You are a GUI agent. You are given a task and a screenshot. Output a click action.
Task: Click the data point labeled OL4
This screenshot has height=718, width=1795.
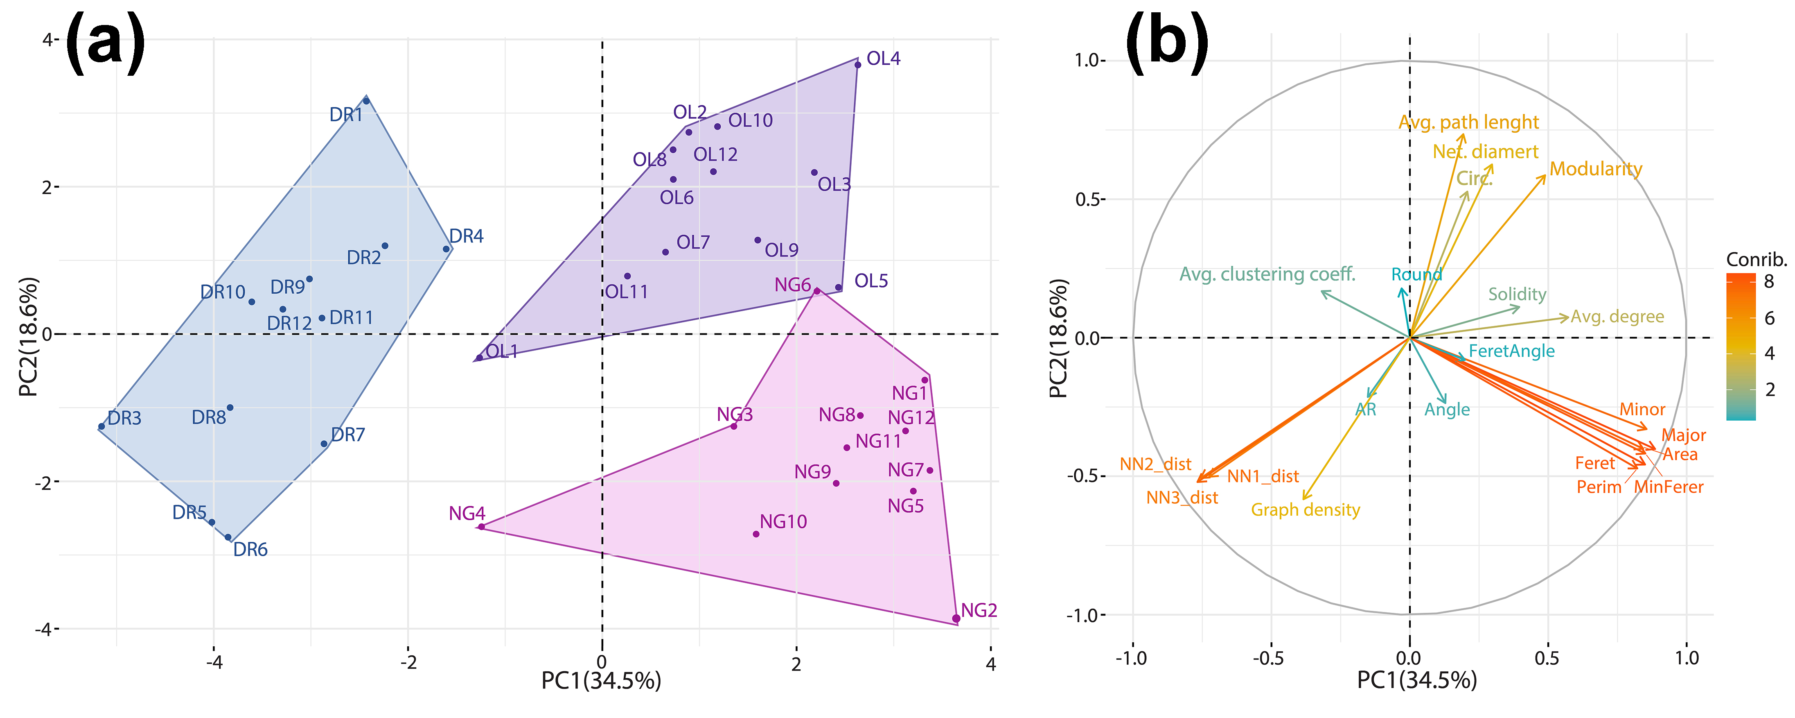[x=858, y=65]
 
